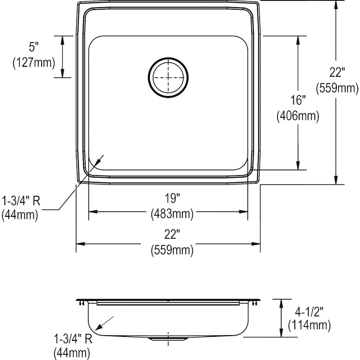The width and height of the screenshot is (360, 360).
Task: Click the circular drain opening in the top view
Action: [168, 77]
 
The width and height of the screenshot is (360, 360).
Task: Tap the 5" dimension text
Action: [34, 47]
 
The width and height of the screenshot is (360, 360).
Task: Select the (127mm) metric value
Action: [34, 62]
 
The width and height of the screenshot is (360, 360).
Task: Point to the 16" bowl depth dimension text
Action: [298, 100]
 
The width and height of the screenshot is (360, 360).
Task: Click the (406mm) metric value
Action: [298, 116]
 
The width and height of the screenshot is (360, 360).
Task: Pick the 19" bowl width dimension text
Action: [172, 198]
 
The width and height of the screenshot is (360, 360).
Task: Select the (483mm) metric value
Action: [172, 214]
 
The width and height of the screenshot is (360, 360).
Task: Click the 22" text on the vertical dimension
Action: [337, 72]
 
